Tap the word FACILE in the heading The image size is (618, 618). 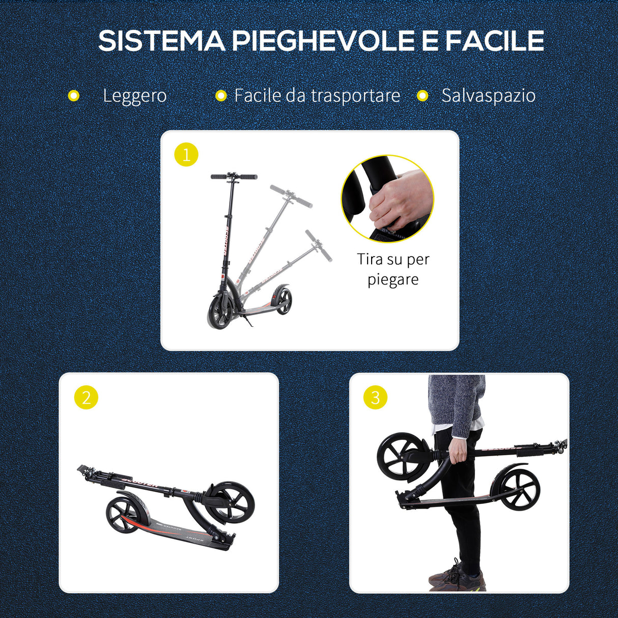[x=494, y=41]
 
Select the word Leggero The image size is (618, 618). [x=134, y=96]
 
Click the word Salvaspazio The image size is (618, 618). [x=488, y=96]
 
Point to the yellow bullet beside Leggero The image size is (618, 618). [x=74, y=96]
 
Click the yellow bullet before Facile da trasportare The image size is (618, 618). [x=220, y=96]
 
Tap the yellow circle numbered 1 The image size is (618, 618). [x=186, y=154]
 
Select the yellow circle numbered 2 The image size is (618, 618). [x=86, y=398]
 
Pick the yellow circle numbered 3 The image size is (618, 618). [x=375, y=398]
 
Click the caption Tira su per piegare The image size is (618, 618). [x=393, y=269]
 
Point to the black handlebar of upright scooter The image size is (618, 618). [x=234, y=177]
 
